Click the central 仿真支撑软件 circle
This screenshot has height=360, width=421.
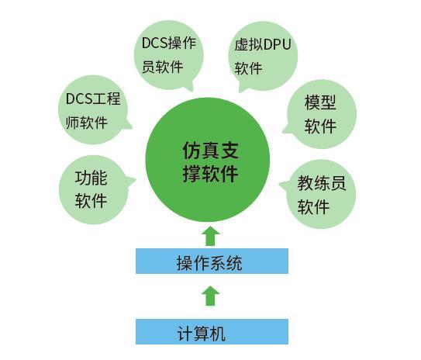click(208, 160)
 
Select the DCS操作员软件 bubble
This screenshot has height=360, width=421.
click(168, 55)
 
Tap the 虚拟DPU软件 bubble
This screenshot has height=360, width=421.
click(263, 56)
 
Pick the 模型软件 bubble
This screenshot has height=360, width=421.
click(321, 114)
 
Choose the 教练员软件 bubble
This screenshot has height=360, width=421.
click(320, 194)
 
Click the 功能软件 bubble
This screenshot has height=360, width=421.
click(94, 189)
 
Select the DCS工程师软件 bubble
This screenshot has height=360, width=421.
click(93, 109)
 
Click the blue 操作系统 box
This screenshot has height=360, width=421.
click(212, 261)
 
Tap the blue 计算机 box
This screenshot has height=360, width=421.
click(212, 332)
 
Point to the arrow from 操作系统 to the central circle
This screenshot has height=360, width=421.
click(211, 236)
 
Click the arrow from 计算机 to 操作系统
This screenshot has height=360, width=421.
click(211, 296)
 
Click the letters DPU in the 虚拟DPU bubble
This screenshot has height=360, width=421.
click(277, 44)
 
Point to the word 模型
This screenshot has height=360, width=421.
click(320, 102)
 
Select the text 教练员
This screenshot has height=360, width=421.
click(322, 183)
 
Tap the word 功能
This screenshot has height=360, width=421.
click(91, 178)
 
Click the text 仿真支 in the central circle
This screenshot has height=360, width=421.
click(211, 151)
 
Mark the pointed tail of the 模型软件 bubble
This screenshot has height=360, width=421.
click(283, 132)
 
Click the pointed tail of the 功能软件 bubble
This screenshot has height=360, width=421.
click(136, 179)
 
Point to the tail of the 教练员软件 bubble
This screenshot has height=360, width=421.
click(280, 184)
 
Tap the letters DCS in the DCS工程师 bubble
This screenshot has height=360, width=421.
click(79, 99)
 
